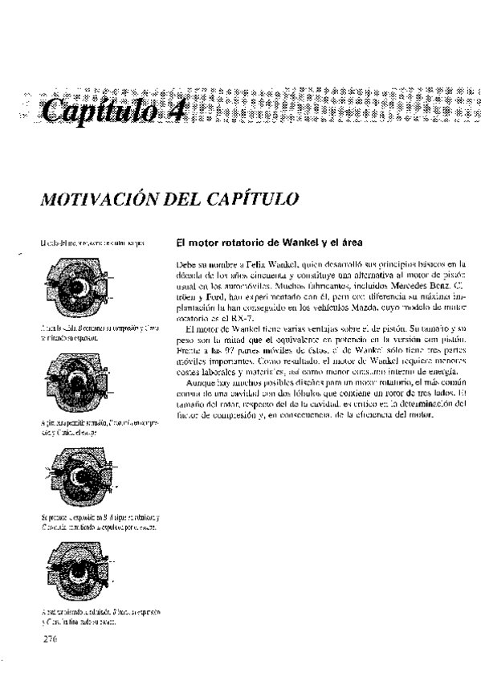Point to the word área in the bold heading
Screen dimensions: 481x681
350,240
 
